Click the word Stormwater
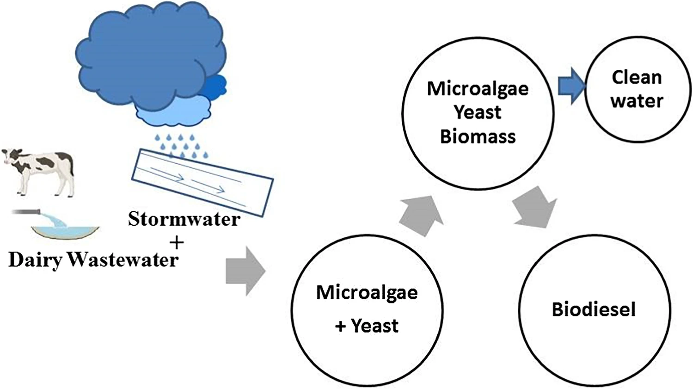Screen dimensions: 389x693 click(184, 219)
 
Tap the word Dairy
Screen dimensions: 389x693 click(35, 259)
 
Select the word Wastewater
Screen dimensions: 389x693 click(123, 259)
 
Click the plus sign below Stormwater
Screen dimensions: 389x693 click(176, 242)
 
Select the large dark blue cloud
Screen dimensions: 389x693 click(148, 56)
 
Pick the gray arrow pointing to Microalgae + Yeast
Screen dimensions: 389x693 click(245, 271)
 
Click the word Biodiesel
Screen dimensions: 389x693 click(594, 309)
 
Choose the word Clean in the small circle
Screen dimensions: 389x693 click(637, 77)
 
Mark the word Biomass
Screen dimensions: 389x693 click(478, 136)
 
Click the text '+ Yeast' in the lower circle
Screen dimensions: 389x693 click(367, 326)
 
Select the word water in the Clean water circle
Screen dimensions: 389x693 click(637, 100)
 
